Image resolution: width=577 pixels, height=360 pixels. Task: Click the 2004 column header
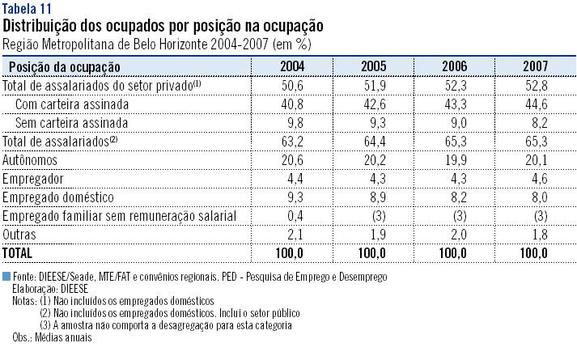tap(292, 66)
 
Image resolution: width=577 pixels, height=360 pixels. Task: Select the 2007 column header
tap(534, 66)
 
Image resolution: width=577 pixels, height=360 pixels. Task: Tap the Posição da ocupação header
tap(64, 66)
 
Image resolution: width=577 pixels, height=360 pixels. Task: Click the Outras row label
tap(21, 234)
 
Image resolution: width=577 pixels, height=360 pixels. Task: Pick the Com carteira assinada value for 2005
tap(373, 104)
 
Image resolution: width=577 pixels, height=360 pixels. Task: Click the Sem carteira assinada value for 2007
tap(535, 122)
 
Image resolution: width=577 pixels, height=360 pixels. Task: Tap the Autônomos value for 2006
tap(454, 159)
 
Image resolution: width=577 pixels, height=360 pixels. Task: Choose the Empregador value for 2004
tap(292, 178)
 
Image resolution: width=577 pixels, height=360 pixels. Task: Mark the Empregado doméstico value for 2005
tap(373, 197)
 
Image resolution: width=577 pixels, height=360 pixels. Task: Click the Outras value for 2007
tap(535, 234)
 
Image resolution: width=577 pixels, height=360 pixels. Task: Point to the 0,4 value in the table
tap(292, 215)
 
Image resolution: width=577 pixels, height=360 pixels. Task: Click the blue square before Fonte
tap(7, 277)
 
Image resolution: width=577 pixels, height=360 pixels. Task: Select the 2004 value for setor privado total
tap(292, 85)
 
